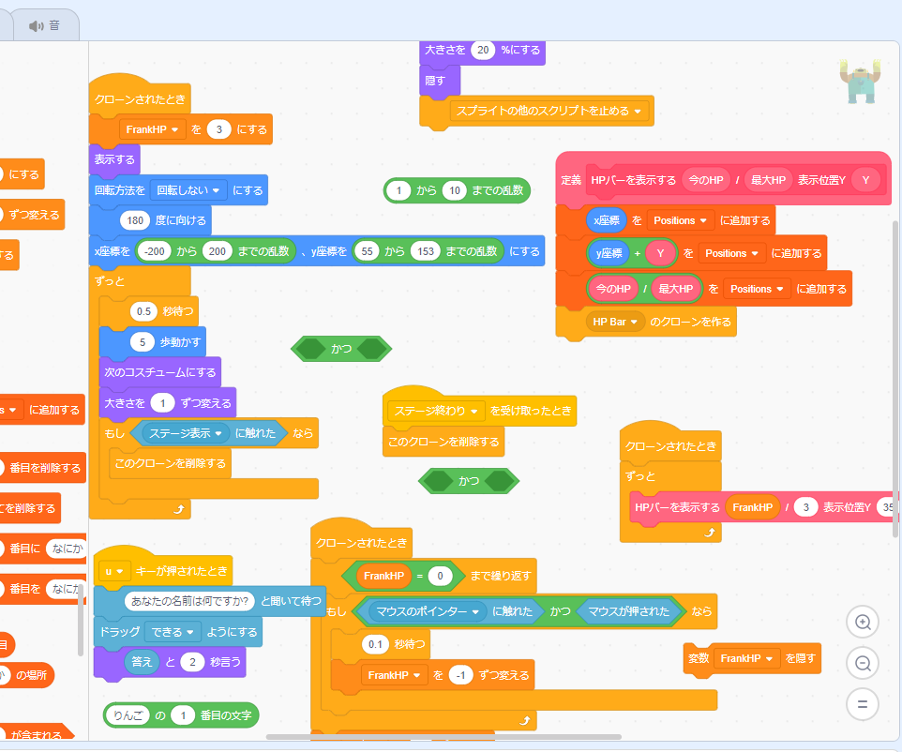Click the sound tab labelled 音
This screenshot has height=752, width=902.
(x=46, y=25)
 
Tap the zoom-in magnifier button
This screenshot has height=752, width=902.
(x=862, y=621)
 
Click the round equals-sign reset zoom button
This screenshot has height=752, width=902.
(x=862, y=702)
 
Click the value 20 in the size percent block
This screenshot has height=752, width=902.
(x=482, y=50)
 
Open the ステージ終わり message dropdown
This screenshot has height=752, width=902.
(x=436, y=411)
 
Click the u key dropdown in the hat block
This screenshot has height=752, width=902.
(x=114, y=570)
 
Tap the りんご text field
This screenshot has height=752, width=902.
(x=127, y=715)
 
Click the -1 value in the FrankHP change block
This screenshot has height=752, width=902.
(x=460, y=675)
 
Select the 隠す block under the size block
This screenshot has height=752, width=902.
(x=435, y=81)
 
